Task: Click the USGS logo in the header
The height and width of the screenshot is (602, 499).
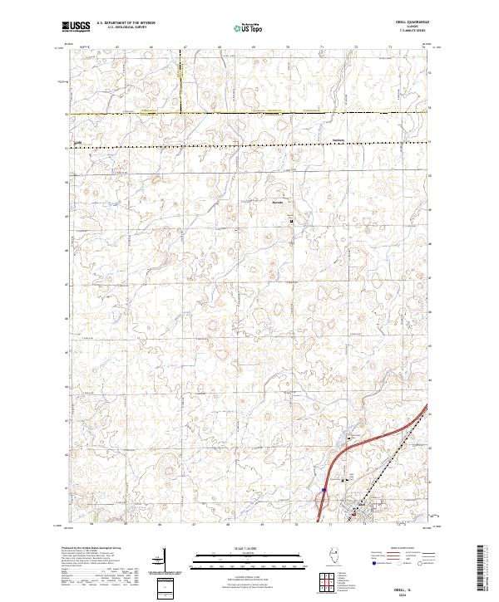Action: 77,27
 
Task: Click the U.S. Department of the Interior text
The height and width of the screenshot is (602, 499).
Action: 122,25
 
